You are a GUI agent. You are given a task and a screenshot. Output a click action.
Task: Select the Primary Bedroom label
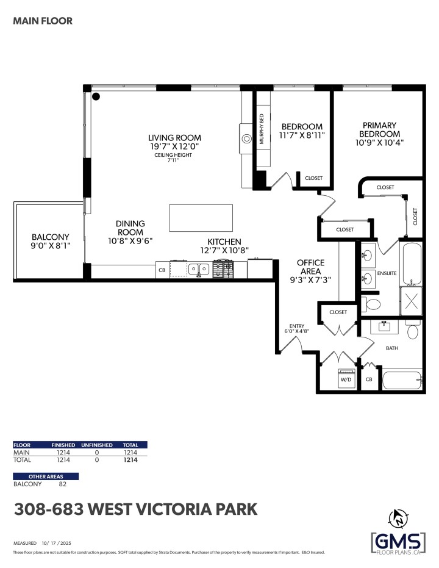click(379, 134)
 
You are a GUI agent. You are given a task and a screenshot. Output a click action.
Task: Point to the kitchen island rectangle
click(201, 218)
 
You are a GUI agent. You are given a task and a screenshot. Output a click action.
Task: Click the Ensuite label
click(386, 273)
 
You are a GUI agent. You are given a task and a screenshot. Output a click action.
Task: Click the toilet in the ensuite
click(371, 303)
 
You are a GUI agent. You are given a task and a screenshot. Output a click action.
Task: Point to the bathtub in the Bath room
click(401, 379)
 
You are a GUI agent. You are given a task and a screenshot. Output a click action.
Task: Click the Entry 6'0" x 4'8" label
click(298, 328)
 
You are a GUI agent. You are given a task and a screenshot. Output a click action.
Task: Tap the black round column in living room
click(96, 96)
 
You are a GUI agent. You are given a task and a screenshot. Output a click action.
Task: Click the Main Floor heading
click(43, 21)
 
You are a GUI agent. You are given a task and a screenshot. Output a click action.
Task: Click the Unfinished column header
click(97, 445)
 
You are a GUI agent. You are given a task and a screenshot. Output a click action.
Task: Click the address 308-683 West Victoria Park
click(135, 509)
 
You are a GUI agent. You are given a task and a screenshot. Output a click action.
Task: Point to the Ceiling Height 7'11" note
click(173, 158)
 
